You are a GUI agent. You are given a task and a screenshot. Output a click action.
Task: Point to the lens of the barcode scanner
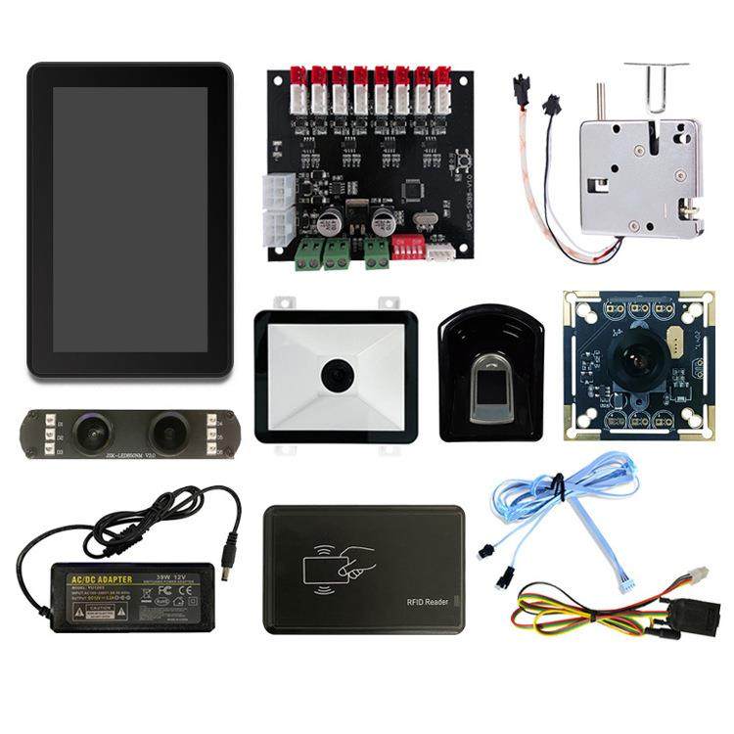[x=338, y=375]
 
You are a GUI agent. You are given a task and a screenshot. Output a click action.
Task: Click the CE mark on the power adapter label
[x=167, y=591]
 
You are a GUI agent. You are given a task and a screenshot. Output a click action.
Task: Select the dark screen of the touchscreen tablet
[x=130, y=219]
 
